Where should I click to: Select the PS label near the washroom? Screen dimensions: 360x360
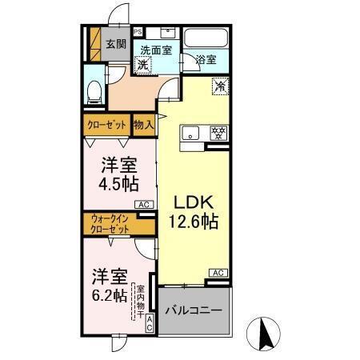coord(137,32)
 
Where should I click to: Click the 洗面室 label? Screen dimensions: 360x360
coord(157,49)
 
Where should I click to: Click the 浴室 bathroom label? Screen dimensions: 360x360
coord(206,58)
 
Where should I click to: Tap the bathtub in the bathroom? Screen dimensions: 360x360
coord(207,38)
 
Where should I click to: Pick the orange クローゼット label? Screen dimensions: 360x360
coord(106,124)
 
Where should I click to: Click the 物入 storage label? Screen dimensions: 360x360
coord(143,124)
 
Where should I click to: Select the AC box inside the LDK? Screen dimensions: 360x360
coord(217,273)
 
